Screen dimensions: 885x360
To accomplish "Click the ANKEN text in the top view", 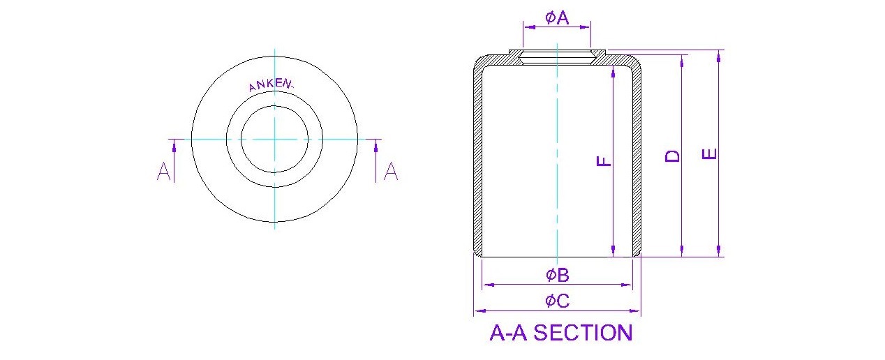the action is click(272, 85).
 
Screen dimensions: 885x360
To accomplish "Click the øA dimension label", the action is click(557, 17).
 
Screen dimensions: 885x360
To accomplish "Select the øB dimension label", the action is click(558, 275).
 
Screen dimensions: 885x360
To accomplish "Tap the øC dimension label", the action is click(558, 301).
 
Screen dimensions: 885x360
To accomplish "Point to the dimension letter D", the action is click(672, 156).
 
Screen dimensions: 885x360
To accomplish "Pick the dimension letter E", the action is click(710, 154).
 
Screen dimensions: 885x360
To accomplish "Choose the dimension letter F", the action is click(603, 160).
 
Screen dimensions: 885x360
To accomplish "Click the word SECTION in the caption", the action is click(583, 332).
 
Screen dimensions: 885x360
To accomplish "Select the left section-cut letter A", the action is click(164, 171).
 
